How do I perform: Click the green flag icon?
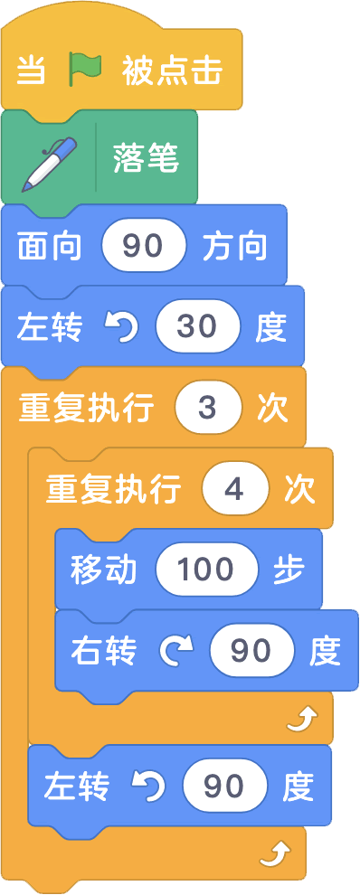(84, 71)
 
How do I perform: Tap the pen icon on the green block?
(48, 165)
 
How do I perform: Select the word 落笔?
(147, 159)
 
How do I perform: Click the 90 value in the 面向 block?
(144, 246)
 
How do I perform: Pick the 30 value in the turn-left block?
(197, 326)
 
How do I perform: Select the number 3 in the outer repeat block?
(210, 408)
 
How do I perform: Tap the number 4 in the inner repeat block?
(235, 489)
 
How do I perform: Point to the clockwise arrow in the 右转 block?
(177, 651)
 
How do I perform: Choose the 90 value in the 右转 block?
(252, 650)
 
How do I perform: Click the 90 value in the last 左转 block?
(224, 787)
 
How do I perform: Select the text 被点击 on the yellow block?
(172, 71)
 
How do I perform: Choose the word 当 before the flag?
(32, 71)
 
